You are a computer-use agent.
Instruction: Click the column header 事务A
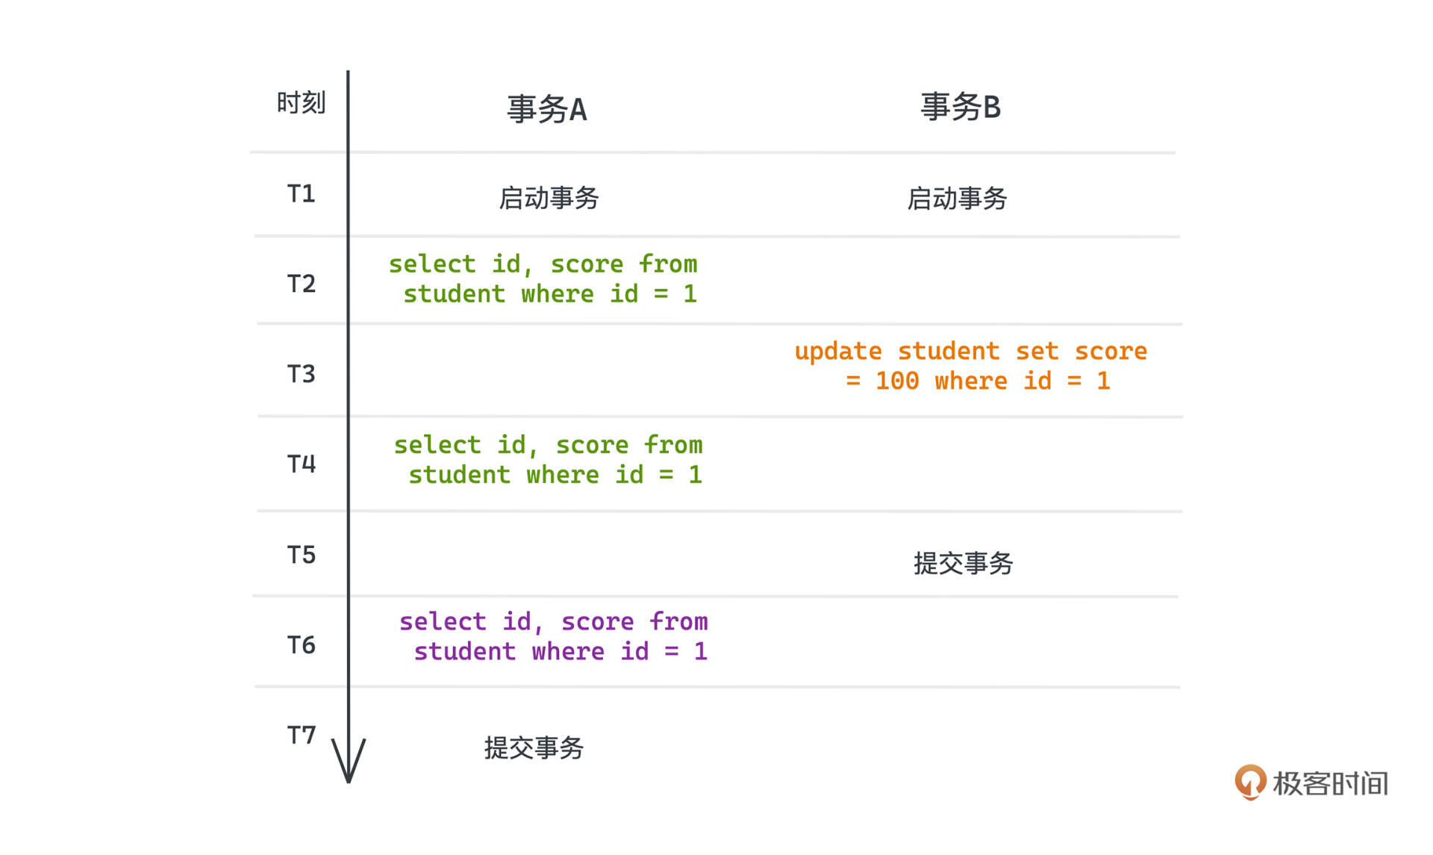click(547, 109)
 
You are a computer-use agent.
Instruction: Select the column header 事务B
click(961, 107)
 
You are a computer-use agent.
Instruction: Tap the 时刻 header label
click(301, 102)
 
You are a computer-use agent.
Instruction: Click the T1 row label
click(302, 194)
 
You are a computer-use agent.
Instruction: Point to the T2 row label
click(302, 284)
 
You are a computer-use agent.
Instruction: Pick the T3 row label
click(302, 374)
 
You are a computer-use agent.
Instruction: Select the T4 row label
click(302, 464)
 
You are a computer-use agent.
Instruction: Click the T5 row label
click(302, 555)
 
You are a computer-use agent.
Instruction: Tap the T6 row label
click(302, 645)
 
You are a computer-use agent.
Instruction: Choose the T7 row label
click(302, 736)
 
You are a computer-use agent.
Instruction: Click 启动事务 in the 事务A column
click(549, 198)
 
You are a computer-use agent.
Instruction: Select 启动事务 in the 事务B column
click(957, 199)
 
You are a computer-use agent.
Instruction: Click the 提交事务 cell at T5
click(963, 563)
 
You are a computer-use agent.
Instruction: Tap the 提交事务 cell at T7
click(534, 747)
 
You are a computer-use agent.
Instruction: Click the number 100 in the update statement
click(897, 382)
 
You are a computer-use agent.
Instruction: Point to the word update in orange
click(838, 352)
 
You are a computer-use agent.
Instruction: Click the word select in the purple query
click(443, 622)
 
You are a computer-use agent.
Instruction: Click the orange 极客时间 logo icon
click(1251, 782)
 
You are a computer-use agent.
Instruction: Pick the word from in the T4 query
click(673, 445)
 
